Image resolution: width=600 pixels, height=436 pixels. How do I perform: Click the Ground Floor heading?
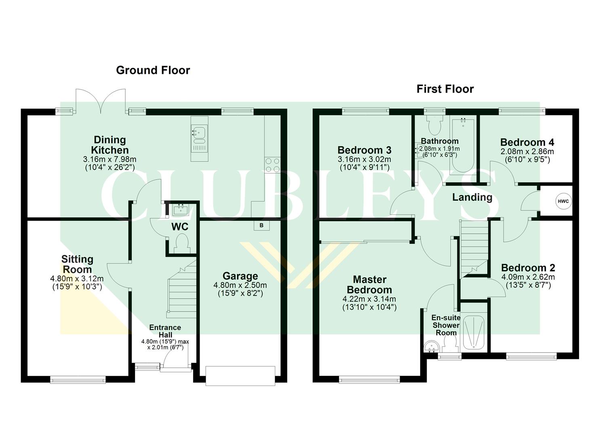tap(153, 70)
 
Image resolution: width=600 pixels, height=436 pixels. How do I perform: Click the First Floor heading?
tap(445, 89)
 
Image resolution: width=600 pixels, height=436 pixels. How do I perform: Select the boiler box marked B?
tap(261, 225)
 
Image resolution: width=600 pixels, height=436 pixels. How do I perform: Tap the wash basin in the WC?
tap(179, 209)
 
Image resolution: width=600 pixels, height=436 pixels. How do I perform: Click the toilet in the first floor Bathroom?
tap(435, 126)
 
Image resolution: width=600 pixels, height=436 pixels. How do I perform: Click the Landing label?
tap(472, 197)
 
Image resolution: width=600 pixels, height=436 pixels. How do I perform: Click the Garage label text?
tap(240, 276)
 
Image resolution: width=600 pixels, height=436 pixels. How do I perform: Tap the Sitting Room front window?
tap(78, 379)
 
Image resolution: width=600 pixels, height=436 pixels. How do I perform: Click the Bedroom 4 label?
tap(527, 142)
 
